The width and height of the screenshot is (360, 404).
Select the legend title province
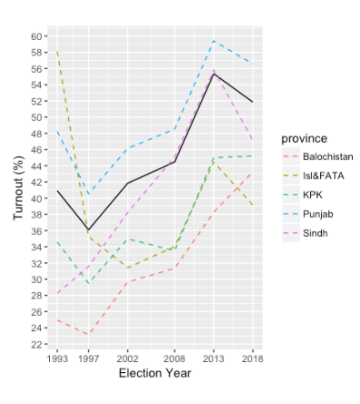click(303, 137)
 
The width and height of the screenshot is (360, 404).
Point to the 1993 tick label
click(56, 359)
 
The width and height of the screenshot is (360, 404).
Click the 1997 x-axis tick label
click(87, 359)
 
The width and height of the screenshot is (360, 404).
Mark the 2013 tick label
click(213, 359)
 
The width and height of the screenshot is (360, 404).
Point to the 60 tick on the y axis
click(35, 35)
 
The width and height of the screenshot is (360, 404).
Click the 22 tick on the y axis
click(35, 345)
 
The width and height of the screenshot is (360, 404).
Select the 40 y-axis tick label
click(35, 198)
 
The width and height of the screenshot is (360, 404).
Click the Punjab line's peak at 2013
click(213, 41)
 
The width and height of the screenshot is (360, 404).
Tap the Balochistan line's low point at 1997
click(87, 334)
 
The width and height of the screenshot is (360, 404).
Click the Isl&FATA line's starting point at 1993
click(56, 52)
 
